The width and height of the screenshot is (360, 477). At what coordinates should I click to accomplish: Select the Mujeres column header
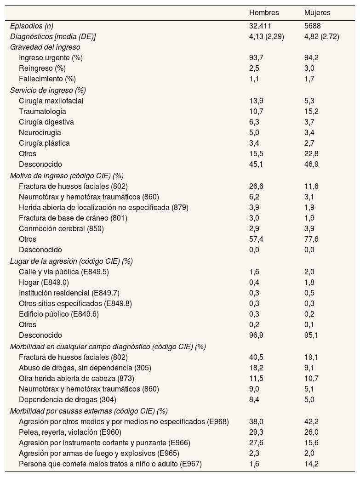[x=317, y=12]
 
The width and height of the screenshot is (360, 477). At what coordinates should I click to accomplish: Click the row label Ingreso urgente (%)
[x=51, y=58]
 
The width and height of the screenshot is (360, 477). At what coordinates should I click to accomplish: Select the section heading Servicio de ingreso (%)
[x=48, y=90]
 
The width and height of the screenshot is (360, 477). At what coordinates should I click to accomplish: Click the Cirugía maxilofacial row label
[x=51, y=101]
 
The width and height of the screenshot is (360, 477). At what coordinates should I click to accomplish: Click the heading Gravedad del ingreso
[x=45, y=47]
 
